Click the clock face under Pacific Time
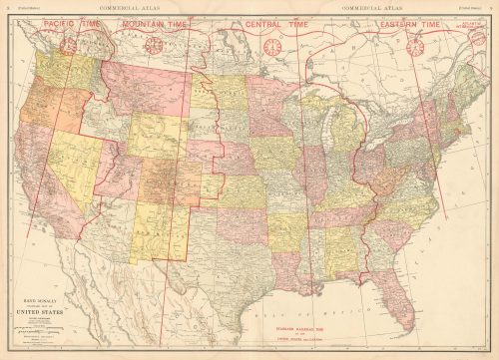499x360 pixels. (x=68, y=45)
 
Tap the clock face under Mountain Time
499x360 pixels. (x=154, y=45)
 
